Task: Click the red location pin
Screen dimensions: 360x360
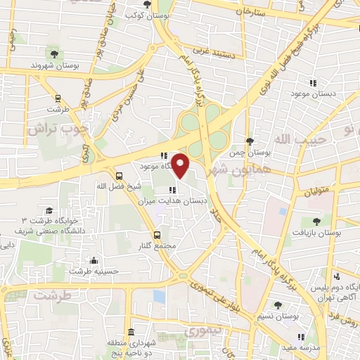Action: (x=181, y=166)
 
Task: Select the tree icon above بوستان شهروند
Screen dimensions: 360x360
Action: (x=53, y=53)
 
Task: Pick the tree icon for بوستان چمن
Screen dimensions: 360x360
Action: (x=250, y=141)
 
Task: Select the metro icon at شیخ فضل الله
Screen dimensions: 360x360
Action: (x=117, y=176)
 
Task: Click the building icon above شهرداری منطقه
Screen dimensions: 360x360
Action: (x=131, y=332)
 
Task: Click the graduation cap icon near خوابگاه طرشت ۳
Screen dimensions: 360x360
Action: (x=49, y=211)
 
